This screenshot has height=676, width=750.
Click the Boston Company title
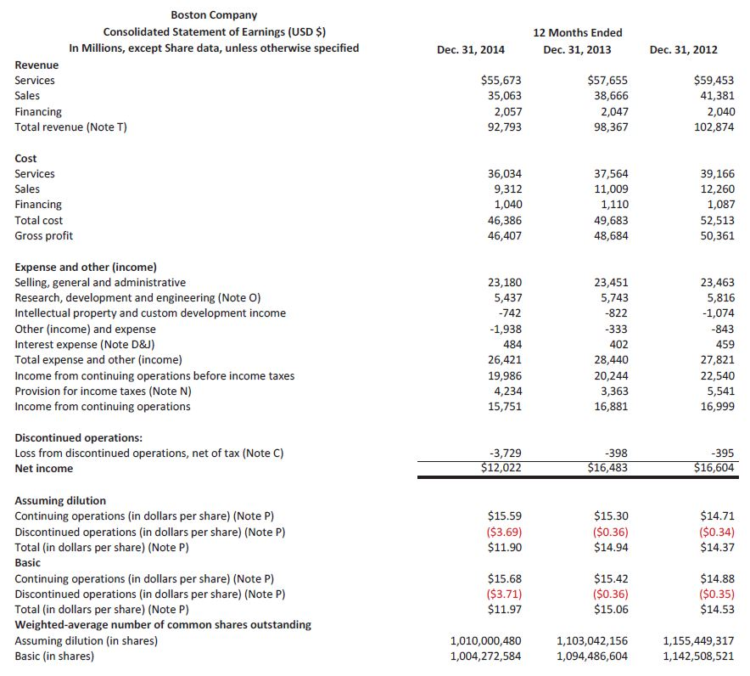point(214,14)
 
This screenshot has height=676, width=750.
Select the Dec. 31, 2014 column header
point(470,49)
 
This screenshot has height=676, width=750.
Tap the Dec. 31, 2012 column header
point(683,49)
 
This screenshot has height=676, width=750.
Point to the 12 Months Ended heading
point(577,32)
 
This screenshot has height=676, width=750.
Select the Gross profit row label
point(44,235)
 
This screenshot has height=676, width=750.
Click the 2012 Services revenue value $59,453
point(714,80)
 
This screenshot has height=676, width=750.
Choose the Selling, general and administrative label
point(100,282)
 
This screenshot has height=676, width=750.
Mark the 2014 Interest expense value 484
point(511,344)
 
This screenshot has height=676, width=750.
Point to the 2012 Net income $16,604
point(714,468)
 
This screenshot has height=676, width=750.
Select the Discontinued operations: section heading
point(78,437)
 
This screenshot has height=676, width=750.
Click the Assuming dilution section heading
point(60,500)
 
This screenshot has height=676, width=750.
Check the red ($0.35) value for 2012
point(715,594)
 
